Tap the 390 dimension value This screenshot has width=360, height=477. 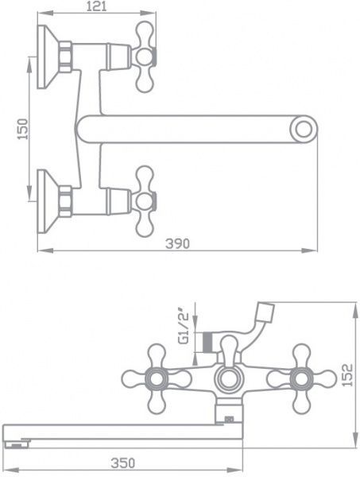(x=178, y=244)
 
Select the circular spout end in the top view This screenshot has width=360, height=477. (x=303, y=128)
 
